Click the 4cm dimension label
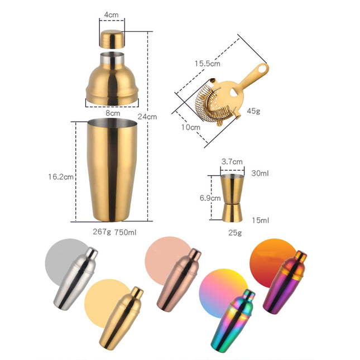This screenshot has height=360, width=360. pyautogui.click(x=112, y=13)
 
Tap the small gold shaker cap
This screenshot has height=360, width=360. pyautogui.click(x=112, y=39)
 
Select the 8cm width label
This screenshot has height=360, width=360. pyautogui.click(x=113, y=113)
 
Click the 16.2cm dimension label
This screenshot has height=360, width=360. pyautogui.click(x=61, y=177)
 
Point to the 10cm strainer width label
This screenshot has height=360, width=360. pyautogui.click(x=191, y=127)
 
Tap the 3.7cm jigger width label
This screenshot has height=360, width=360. pyautogui.click(x=232, y=162)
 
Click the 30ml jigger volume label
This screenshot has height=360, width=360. pyautogui.click(x=260, y=174)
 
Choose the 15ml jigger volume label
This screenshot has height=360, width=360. pyautogui.click(x=260, y=220)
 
